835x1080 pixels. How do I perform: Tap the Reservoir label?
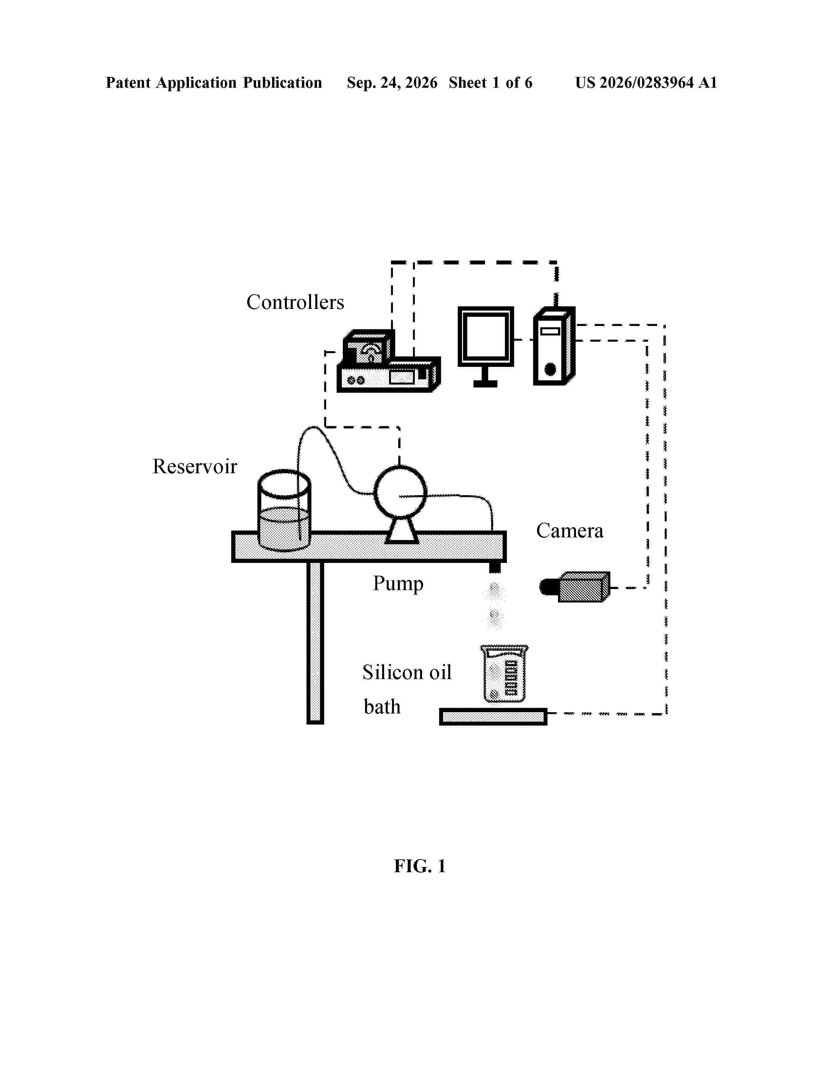[195, 466]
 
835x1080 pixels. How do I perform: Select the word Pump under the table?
[398, 584]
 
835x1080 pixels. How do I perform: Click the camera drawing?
[575, 587]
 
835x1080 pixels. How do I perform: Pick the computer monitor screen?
[485, 337]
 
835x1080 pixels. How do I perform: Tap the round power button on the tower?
[549, 369]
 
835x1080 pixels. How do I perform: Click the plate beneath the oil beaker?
[493, 716]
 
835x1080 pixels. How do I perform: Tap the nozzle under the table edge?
[495, 567]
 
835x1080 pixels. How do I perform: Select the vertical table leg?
[315, 643]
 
